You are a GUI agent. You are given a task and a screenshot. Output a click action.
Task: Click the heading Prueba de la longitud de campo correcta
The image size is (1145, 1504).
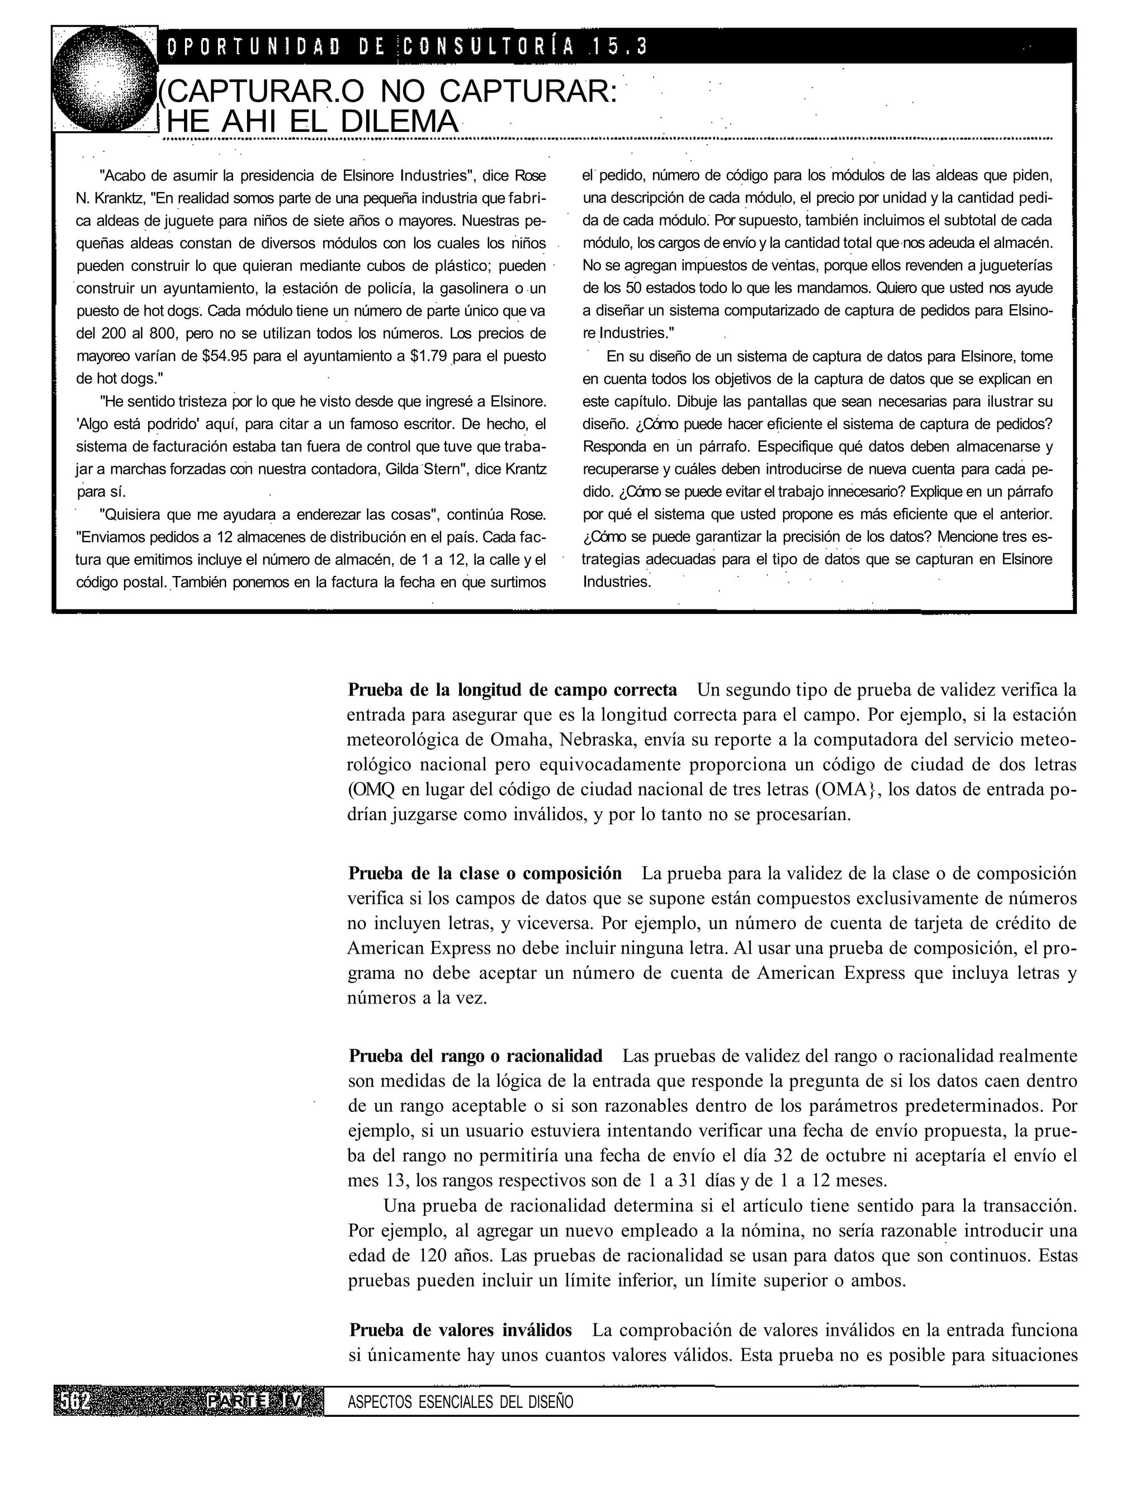(513, 690)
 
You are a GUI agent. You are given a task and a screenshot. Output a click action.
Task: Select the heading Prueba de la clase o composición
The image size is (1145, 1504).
(485, 873)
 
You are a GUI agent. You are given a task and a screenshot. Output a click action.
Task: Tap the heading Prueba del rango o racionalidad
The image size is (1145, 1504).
(476, 1056)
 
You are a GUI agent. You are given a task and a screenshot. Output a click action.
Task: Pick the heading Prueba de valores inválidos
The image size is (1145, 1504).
(461, 1330)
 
